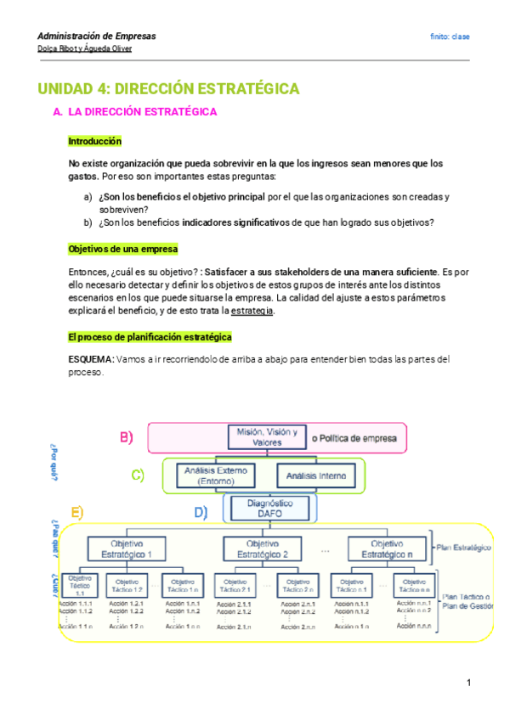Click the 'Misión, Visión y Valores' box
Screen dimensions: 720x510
click(x=267, y=437)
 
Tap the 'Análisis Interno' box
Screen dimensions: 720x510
click(x=315, y=476)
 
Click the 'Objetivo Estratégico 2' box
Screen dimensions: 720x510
click(x=268, y=548)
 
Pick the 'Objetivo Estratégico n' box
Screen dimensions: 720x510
click(x=388, y=548)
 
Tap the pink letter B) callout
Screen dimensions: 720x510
click(x=126, y=438)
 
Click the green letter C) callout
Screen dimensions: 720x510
click(x=138, y=475)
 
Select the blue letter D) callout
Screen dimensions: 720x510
click(x=201, y=512)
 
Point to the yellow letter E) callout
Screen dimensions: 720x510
click(x=77, y=513)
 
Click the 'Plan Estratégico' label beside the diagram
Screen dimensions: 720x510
click(x=463, y=548)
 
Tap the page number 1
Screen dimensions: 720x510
click(x=467, y=683)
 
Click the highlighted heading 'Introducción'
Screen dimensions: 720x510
click(x=94, y=141)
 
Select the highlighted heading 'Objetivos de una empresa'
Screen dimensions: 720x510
click(x=122, y=249)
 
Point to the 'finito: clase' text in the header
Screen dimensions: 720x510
click(x=450, y=37)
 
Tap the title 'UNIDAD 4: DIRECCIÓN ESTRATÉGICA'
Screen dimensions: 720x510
click(x=168, y=88)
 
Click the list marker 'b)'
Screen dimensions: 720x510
click(x=88, y=223)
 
